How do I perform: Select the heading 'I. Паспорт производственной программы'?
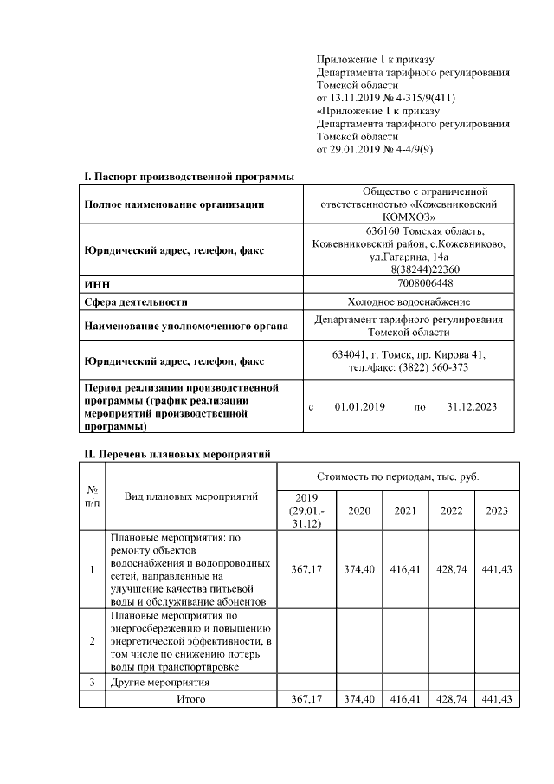coord(189,177)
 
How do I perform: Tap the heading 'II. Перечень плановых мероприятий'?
coord(177,453)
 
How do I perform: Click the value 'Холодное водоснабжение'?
coord(409,301)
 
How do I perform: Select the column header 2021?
coord(405,510)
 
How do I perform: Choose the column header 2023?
coord(497,510)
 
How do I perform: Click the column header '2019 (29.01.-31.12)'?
coord(307,510)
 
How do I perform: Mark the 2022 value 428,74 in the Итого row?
coord(452,698)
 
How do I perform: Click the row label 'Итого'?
coord(190,698)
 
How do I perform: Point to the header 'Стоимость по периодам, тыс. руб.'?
coord(398,476)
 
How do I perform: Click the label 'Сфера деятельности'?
coord(136,302)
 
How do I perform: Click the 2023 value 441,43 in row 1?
coord(497,569)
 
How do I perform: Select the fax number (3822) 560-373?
coord(434,367)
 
